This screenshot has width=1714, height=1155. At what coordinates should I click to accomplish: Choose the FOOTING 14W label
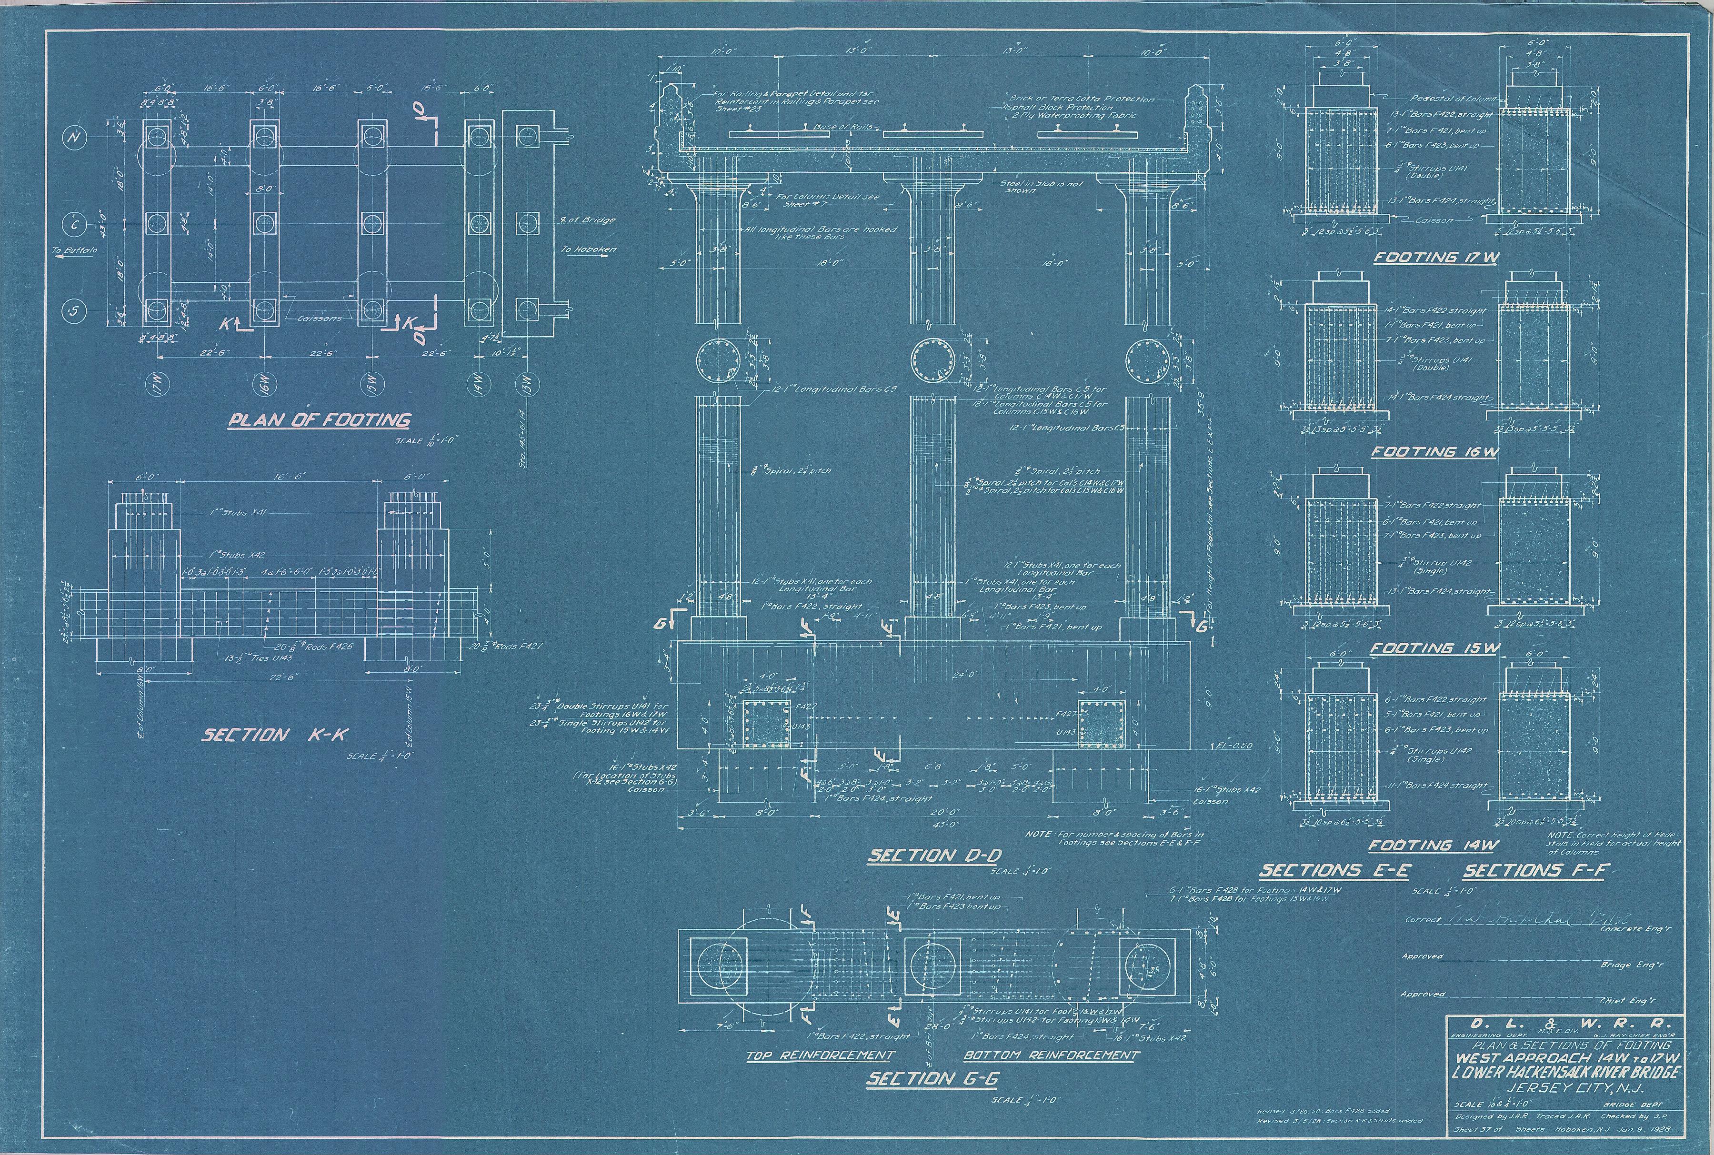point(1433,846)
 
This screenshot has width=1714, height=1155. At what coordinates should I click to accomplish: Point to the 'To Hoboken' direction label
point(588,249)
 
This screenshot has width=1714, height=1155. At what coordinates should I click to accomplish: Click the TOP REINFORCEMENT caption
point(820,1055)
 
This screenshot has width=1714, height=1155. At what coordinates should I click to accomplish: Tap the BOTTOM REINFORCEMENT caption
point(1051,1055)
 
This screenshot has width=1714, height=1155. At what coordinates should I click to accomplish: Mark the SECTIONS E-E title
point(1334,871)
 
